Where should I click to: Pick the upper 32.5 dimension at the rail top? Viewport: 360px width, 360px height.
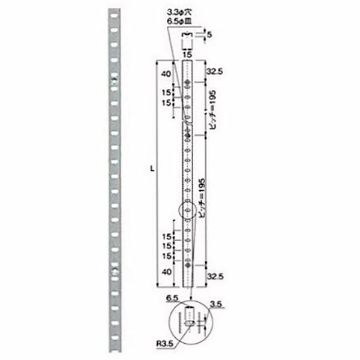coord(214,71)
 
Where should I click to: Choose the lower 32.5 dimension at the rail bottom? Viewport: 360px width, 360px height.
coord(214,277)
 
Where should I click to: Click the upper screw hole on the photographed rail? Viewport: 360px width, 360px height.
coord(115,80)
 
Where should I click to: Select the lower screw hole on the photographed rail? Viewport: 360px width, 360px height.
coord(115,273)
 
